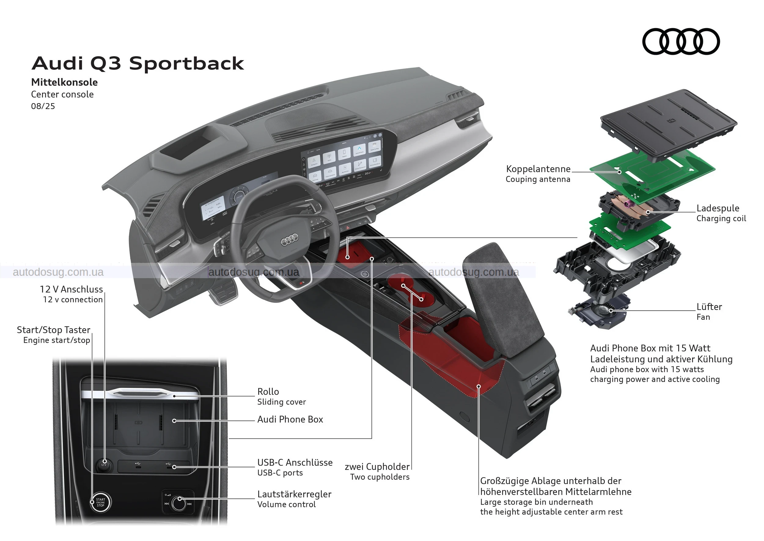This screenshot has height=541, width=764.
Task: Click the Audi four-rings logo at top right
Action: pos(681,41)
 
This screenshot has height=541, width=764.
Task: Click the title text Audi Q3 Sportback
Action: pos(138,63)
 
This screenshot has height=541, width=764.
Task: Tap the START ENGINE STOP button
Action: pos(101,502)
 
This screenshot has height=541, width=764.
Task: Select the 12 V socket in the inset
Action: pos(104,465)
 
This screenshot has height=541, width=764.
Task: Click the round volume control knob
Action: pos(179,503)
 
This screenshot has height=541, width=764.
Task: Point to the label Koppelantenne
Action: pos(538,169)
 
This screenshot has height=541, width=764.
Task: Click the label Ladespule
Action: pos(718,208)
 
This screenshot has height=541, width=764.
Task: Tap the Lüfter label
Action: pos(709,307)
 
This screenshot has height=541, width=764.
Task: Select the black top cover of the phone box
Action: pos(669,125)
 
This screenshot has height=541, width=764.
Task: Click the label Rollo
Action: pos(268,392)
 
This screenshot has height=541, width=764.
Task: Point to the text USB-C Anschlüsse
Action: pos(295,462)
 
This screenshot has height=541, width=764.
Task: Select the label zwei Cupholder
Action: pos(377,467)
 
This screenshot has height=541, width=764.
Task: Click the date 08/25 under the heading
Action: pos(43,106)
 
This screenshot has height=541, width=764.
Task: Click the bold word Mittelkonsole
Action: pos(64,82)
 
